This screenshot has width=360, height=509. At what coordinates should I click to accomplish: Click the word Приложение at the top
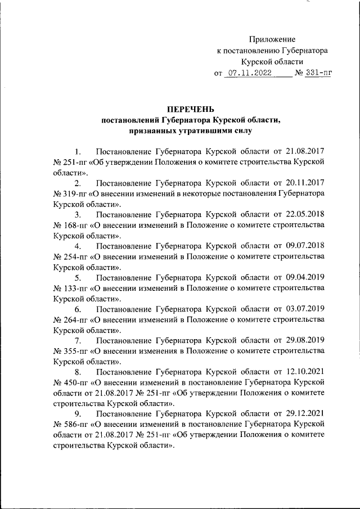pyautogui.click(x=272, y=39)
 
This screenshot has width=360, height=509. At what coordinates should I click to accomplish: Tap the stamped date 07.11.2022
pyautogui.click(x=251, y=73)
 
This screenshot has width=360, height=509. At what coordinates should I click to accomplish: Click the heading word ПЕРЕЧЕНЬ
pyautogui.click(x=190, y=109)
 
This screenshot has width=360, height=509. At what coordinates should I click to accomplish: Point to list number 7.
pyautogui.click(x=78, y=341)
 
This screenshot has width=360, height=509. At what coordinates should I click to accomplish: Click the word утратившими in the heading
pyautogui.click(x=193, y=130)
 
